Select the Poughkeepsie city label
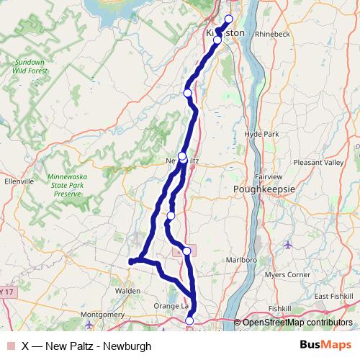click(x=266, y=189)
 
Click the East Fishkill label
click(x=332, y=296)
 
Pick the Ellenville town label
click(x=19, y=182)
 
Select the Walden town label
click(x=127, y=291)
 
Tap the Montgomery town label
click(x=104, y=315)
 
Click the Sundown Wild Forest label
click(x=30, y=66)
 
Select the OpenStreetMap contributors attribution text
click(x=297, y=323)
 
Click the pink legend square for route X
click(x=11, y=346)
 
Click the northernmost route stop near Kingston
click(x=230, y=19)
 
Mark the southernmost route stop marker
click(x=189, y=321)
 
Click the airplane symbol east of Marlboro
click(x=289, y=244)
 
